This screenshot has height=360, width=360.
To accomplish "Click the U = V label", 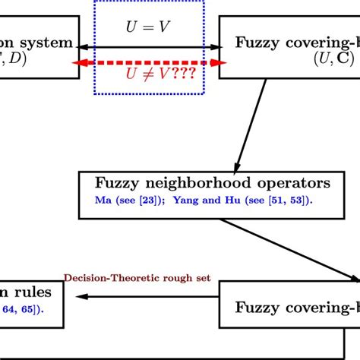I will coord(148,27).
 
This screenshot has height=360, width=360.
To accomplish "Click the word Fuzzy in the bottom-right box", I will coord(257,307).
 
